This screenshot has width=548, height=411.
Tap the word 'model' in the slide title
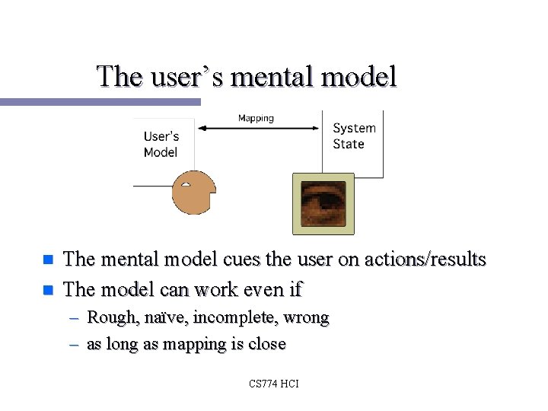coord(363,76)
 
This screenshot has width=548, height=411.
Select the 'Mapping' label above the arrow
coord(256,118)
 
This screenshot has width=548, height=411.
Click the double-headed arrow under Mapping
coord(259,129)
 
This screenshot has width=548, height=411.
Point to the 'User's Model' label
coord(161,145)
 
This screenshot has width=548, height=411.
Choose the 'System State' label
coord(354,135)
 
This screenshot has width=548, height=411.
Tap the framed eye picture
coord(323,203)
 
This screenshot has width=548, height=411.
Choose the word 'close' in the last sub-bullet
coord(266,344)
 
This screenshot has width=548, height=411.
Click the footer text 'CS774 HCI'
coord(274,384)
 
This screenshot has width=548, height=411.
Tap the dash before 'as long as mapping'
coord(74,344)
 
